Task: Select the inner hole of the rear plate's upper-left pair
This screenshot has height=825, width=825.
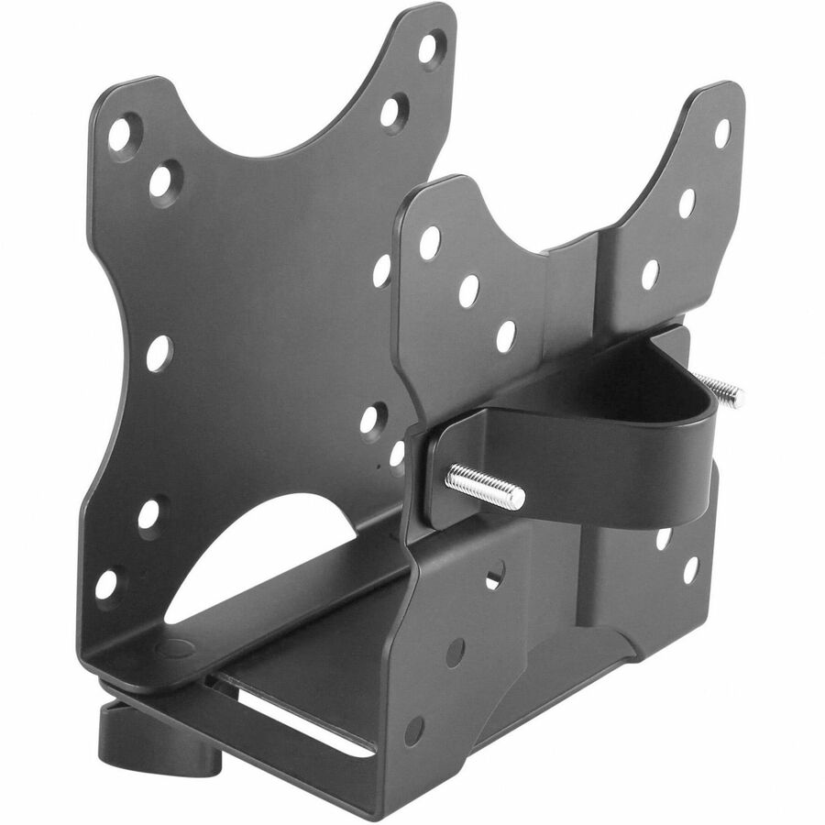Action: click(164, 181)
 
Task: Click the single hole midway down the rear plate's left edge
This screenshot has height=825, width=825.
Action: click(158, 353)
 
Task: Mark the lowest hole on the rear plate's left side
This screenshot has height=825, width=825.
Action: click(106, 583)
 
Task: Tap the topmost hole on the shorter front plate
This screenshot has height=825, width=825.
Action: click(722, 133)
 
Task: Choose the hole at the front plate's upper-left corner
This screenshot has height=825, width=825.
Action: click(429, 242)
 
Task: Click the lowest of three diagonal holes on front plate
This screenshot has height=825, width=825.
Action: click(506, 335)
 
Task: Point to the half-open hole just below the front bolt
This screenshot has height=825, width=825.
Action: click(494, 575)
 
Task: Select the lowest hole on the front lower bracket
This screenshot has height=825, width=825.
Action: click(414, 731)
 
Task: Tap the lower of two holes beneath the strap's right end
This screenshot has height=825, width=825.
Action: click(689, 569)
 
